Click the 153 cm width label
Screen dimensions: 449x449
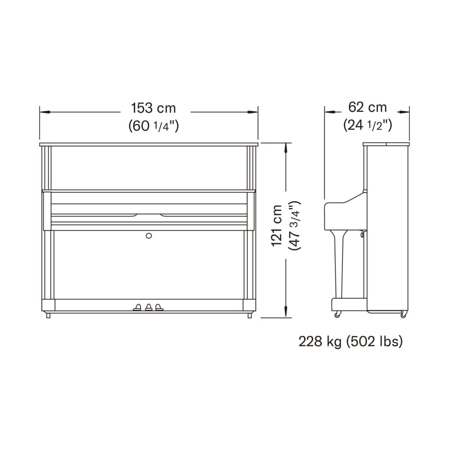[153, 108]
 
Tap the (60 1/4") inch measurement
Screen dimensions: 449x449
[154, 125]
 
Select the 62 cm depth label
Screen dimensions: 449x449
[367, 107]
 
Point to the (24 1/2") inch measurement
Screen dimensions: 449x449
[368, 125]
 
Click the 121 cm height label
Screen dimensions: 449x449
[277, 226]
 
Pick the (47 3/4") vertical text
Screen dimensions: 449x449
[295, 226]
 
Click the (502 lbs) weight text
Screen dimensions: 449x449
[374, 342]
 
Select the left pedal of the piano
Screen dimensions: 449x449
[137, 307]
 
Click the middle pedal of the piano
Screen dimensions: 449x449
[149, 307]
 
